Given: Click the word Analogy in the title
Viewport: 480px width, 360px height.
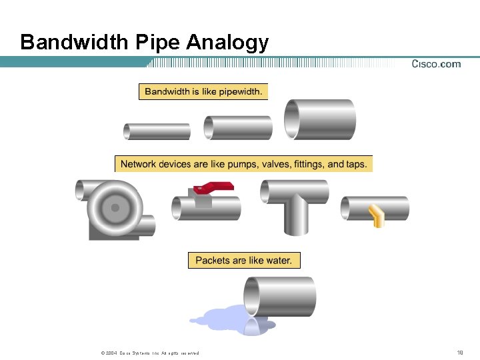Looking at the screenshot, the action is coord(227,43).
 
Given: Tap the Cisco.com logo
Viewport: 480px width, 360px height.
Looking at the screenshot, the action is coord(436,64).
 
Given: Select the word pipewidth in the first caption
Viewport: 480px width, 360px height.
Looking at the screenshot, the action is coord(237,91).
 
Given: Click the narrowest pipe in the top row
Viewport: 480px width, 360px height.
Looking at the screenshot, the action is coord(157,131).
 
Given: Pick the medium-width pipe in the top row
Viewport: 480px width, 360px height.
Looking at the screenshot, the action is coord(238,128).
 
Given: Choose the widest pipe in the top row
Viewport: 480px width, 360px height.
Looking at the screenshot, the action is coord(320,119).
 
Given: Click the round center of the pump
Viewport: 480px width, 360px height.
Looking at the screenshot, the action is coord(115,208).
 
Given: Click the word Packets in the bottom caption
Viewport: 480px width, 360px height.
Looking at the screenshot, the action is coord(213,261).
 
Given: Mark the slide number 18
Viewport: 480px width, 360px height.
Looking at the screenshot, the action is coord(459,353).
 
